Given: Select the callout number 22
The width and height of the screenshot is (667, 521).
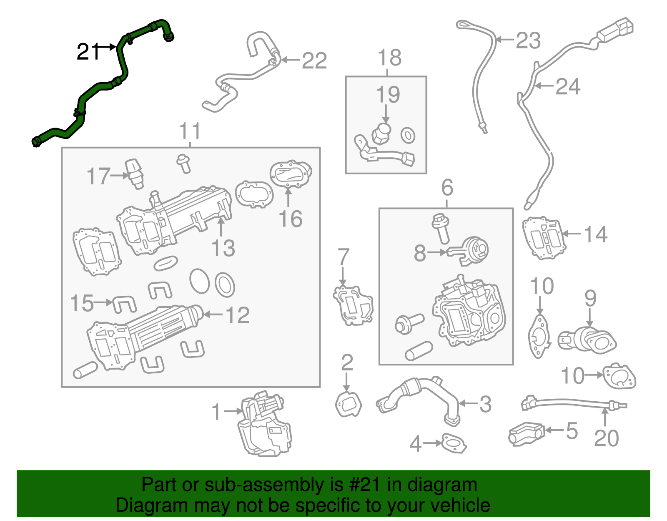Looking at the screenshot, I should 314,61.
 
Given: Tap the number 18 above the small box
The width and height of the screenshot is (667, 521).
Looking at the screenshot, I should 389,58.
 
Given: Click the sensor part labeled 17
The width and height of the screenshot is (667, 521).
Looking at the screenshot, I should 134,173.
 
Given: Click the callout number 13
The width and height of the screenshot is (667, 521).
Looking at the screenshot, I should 223,248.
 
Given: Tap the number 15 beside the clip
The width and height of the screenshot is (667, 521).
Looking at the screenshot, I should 82,303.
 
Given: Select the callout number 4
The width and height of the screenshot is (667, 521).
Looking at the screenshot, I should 415,444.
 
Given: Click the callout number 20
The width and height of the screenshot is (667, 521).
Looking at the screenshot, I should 606,438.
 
